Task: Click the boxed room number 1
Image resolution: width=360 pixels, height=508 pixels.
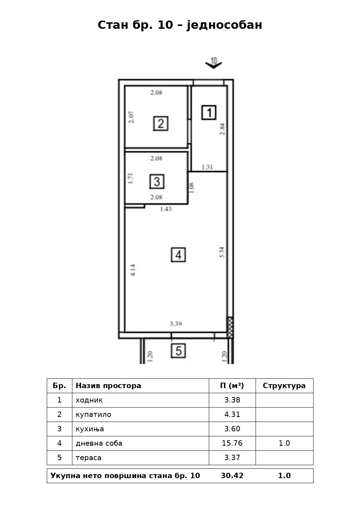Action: (x=209, y=112)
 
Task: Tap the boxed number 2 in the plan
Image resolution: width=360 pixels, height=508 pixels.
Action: (x=161, y=123)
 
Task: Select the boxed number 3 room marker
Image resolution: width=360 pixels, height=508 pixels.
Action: (x=157, y=181)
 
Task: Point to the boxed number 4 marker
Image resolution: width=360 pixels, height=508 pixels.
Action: (x=178, y=255)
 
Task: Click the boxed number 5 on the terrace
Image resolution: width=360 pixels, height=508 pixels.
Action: (x=178, y=351)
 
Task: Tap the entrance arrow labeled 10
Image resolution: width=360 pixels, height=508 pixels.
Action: (x=213, y=63)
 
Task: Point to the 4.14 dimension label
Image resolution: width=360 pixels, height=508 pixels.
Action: (x=133, y=270)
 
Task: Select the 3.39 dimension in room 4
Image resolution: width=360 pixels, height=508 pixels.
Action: (x=176, y=324)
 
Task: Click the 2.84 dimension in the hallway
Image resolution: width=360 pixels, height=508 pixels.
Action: (x=222, y=129)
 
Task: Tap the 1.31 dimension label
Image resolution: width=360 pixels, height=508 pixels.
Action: (x=207, y=167)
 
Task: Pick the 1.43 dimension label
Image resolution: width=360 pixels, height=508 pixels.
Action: (x=166, y=209)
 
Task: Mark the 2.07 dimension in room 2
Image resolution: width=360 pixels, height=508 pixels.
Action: (x=131, y=117)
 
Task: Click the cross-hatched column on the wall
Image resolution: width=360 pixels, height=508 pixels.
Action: (x=230, y=328)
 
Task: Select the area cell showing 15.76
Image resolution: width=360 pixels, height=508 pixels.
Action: (x=232, y=443)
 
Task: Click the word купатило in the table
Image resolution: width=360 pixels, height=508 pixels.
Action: (x=93, y=414)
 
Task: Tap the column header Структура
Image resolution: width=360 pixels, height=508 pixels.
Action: (x=284, y=386)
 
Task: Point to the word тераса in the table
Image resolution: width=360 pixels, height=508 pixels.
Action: (x=89, y=458)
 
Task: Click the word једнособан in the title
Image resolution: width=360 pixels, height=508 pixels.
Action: (x=224, y=25)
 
